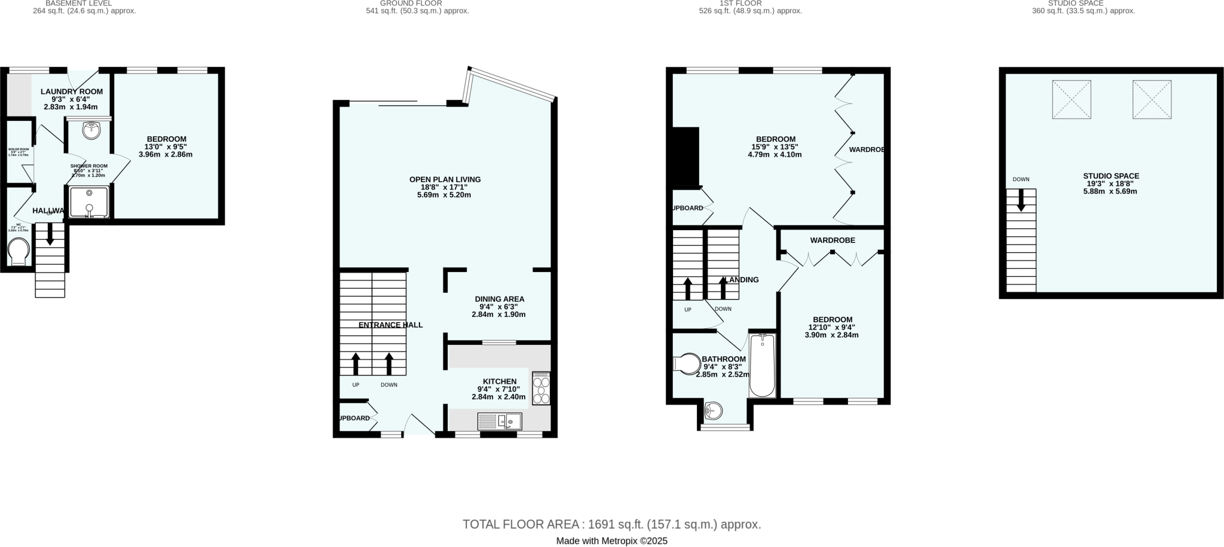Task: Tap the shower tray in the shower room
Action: point(89,201)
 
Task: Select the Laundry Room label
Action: point(72,91)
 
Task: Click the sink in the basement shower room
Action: point(91,130)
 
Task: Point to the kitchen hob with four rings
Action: point(541,389)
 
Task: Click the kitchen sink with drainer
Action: point(500,421)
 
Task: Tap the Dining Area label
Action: point(500,299)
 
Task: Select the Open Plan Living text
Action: point(445,179)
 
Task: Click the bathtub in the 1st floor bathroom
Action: point(762,365)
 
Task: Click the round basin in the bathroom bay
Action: point(713,411)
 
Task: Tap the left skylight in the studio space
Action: point(1071,100)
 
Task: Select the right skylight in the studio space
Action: point(1152,100)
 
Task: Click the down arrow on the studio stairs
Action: point(1021,200)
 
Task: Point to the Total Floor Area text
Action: point(611,524)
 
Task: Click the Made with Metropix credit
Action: point(611,541)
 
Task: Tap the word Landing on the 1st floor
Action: point(741,280)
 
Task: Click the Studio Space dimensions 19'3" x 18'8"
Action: point(1111,184)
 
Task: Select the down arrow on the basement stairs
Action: point(50,234)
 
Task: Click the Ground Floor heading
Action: point(411,3)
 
